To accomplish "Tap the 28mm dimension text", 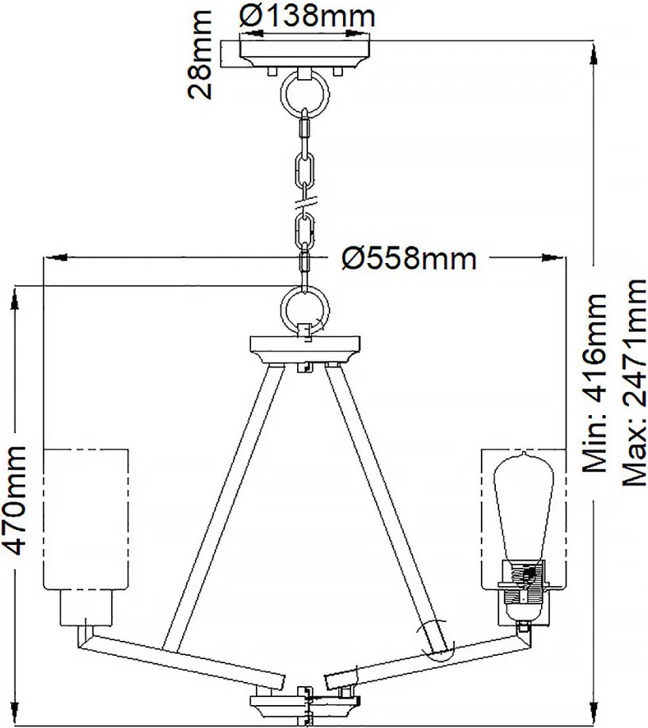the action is (x=200, y=55).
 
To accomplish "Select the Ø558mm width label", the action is (x=409, y=257).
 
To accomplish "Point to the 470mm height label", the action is (x=14, y=500).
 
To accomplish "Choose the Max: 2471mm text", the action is (x=635, y=383).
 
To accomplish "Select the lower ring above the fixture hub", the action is (x=305, y=308).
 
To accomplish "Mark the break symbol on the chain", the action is (x=306, y=203).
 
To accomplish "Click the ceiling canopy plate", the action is (x=305, y=54).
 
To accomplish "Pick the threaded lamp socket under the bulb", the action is (x=523, y=589).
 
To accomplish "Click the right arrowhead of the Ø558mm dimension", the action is (x=553, y=257).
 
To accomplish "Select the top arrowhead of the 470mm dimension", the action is (x=15, y=299).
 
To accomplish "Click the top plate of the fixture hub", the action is (x=305, y=344).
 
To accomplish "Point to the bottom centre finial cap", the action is (x=305, y=708).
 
